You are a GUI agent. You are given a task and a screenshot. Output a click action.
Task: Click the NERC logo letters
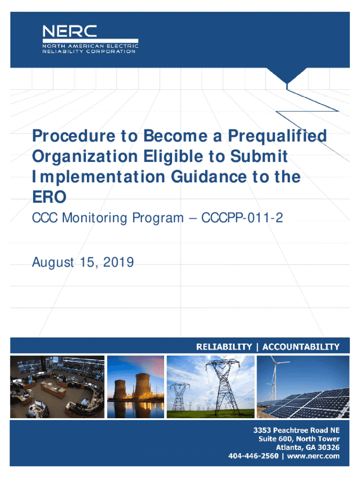70,31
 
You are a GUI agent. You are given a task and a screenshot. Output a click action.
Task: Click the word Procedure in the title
74,136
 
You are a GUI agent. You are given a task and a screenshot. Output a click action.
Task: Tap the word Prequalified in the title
277,136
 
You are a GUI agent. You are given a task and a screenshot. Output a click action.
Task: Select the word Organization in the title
85,157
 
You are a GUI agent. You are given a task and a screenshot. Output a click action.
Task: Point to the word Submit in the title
259,156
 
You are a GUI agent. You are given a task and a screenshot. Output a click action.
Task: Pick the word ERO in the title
49,197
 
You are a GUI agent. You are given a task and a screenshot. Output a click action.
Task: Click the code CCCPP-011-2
242,218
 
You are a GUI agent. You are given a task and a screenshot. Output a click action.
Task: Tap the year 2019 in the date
118,262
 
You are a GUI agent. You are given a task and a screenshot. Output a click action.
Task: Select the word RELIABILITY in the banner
224,347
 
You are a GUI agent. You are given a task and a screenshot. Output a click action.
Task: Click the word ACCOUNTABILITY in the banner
301,347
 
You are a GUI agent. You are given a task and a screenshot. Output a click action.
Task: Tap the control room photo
58,387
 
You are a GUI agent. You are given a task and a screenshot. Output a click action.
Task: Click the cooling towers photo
136,387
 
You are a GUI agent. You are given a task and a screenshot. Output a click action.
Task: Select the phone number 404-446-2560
253,456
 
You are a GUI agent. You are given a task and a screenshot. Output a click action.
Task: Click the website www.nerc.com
313,456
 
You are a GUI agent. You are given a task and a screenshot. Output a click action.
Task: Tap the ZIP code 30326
329,448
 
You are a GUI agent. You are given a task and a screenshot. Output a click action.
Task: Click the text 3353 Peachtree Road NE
296,430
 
